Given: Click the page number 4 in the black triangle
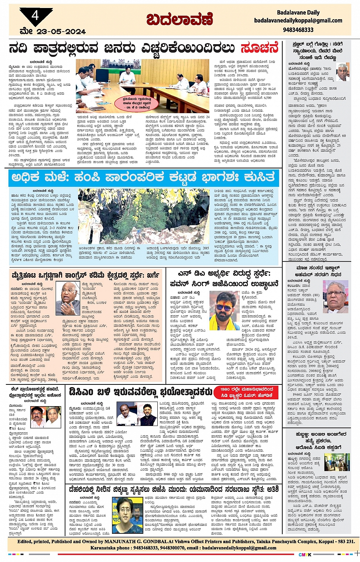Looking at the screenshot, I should point(35,16).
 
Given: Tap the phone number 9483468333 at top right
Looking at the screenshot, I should point(298,30).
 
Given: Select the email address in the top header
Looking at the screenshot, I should point(298,21).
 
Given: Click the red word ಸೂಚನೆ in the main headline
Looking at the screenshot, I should point(259,49).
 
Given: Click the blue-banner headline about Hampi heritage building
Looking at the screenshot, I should point(143,178).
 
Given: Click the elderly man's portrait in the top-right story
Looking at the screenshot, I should point(342,72).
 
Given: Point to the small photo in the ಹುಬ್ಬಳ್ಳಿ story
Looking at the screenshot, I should point(337,462).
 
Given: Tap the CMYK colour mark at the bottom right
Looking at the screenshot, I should point(305,554).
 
